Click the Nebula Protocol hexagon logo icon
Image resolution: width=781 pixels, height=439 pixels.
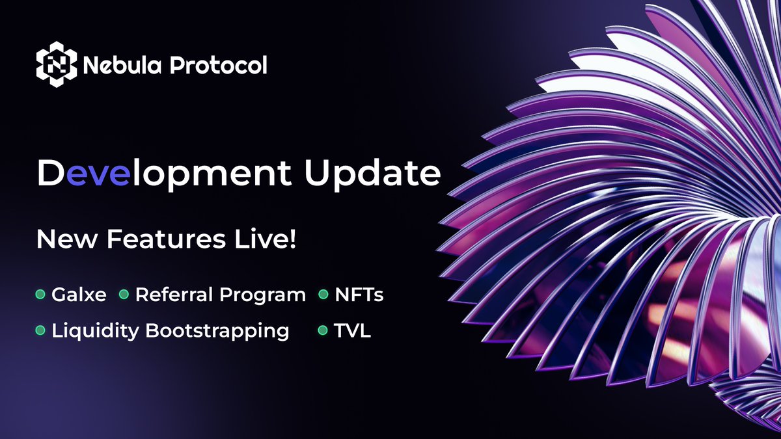(x=57, y=65)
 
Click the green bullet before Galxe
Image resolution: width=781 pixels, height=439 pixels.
(x=40, y=295)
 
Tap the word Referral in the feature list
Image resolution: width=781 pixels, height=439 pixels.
(x=174, y=295)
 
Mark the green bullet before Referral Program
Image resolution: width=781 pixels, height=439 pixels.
(x=124, y=295)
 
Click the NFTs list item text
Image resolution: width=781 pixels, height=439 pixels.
(x=359, y=295)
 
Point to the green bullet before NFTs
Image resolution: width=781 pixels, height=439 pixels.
(x=323, y=295)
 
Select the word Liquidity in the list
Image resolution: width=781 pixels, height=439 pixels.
(x=96, y=331)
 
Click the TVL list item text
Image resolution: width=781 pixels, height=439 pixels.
(x=353, y=331)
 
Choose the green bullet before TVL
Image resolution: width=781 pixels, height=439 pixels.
(x=323, y=331)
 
